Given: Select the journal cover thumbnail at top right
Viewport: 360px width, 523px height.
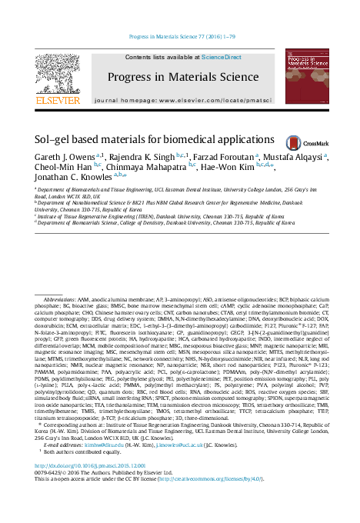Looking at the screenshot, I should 307,78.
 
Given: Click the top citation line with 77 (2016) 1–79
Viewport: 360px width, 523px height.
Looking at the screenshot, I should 180,36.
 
